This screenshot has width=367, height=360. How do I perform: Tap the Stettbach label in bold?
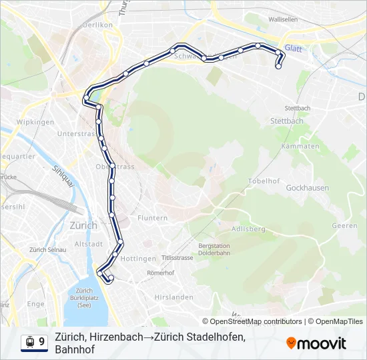click(287, 121)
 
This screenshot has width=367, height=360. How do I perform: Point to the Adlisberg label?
click(248, 229)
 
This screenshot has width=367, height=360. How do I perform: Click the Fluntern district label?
click(152, 218)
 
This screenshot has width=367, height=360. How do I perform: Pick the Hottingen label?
click(139, 258)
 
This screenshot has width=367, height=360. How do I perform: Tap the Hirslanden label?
click(173, 297)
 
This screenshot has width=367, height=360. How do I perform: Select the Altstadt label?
click(88, 245)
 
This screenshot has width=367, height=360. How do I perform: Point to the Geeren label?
click(344, 226)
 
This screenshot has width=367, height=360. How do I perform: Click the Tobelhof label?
click(264, 181)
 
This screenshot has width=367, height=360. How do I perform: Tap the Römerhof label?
click(160, 273)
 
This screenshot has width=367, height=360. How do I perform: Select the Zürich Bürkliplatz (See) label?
click(83, 299)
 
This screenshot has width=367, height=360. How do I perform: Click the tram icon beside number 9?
click(29, 342)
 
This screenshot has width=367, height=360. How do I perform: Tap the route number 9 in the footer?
click(42, 342)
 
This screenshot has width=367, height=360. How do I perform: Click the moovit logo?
click(316, 343)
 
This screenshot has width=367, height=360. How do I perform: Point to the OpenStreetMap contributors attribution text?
click(254, 321)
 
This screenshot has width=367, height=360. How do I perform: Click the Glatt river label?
click(293, 48)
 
